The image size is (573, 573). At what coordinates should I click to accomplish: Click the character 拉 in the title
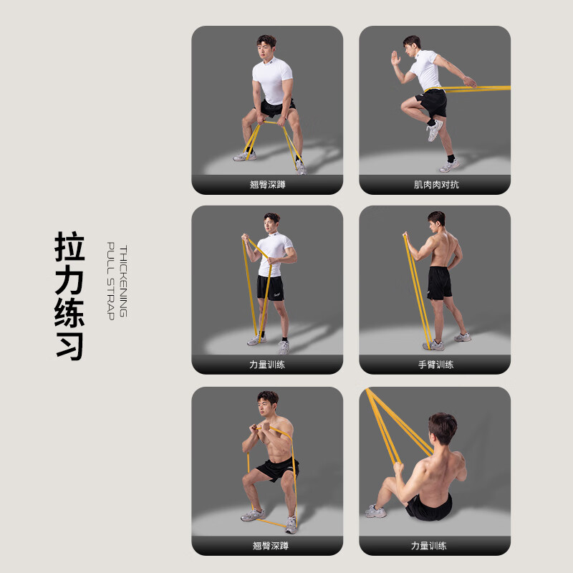coord(69,246)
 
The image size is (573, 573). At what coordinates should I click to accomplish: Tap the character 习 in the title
coord(69,346)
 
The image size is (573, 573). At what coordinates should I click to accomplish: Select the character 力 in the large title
coord(69,279)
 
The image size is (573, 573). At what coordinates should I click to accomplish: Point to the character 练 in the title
coord(69,313)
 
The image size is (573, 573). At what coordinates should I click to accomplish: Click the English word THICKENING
coord(122,282)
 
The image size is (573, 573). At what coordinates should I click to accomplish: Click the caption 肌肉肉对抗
coord(435,184)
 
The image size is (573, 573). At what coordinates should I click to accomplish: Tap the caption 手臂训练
coord(435,365)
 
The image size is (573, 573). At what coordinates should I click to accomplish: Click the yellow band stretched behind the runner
coord(487,89)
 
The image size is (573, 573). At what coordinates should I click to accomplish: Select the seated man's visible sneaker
coord(375,511)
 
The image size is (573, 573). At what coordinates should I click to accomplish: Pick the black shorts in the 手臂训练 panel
coord(438,282)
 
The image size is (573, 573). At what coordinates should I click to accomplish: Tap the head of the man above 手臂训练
coord(436,220)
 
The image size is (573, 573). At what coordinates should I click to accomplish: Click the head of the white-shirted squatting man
coord(266,45)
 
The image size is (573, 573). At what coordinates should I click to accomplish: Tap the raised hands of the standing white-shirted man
coord(247,239)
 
